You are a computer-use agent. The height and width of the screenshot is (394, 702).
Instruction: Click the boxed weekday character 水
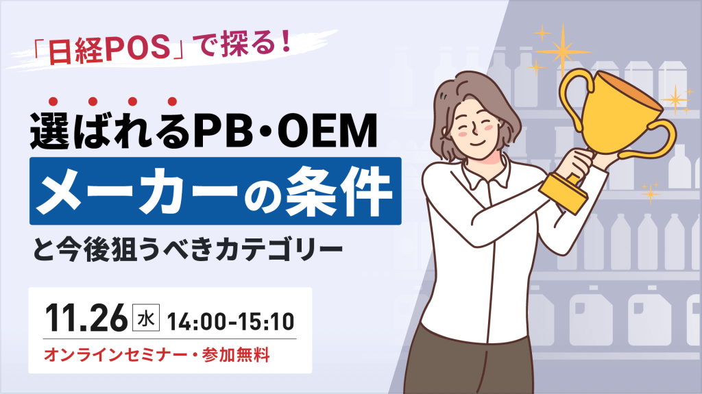(x=145, y=319)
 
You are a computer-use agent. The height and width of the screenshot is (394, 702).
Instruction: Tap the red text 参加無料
(x=240, y=355)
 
